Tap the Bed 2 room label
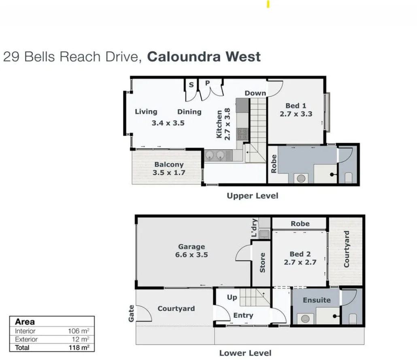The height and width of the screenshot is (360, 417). click(300, 254)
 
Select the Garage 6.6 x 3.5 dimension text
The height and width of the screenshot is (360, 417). click(191, 255)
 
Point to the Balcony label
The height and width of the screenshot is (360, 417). click(169, 165)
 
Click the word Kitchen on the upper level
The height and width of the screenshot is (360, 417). click(219, 124)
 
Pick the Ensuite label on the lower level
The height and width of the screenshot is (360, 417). click(317, 300)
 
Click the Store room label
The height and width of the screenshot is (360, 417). click(262, 263)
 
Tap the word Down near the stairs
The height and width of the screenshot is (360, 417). click(255, 93)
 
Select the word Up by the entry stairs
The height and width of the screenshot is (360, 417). click(232, 297)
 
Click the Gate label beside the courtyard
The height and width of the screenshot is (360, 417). click(131, 313)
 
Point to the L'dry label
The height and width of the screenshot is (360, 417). click(254, 228)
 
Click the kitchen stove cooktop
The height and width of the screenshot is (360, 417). click(242, 134)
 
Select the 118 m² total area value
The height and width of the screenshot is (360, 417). click(79, 347)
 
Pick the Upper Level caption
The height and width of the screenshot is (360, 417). click(252, 196)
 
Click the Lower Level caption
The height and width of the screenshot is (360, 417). click(245, 353)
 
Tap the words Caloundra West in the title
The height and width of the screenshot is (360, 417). click(204, 57)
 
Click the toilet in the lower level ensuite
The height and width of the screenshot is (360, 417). click(352, 319)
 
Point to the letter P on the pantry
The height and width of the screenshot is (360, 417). click(207, 83)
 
